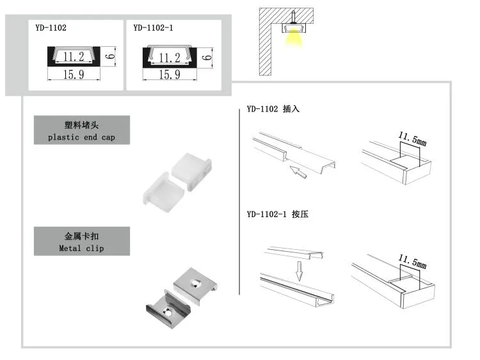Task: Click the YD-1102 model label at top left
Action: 51,28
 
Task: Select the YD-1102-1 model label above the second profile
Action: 154,28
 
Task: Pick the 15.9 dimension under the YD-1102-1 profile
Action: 169,75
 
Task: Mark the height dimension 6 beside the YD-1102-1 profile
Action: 206,56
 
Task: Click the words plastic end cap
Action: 81,137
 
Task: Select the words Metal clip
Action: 81,248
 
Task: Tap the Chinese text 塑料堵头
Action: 81,126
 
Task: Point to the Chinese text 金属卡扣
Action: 81,236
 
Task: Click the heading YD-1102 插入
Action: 273,110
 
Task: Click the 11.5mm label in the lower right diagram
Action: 412,261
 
